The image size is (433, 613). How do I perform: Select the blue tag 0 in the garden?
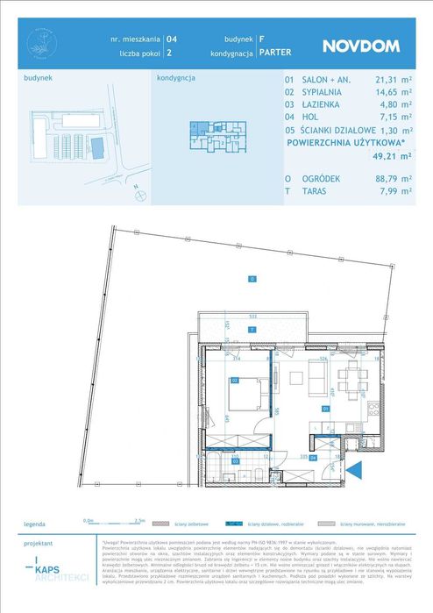[x=251, y=279]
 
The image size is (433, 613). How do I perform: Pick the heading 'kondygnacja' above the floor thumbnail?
[x=175, y=77]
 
